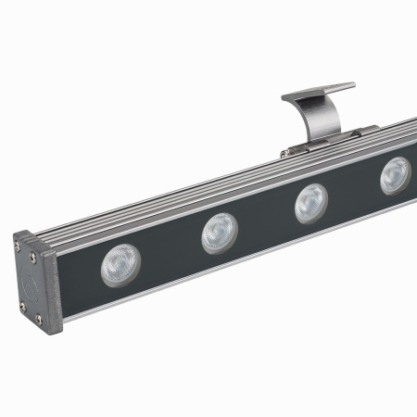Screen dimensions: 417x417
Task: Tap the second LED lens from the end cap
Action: (220, 233)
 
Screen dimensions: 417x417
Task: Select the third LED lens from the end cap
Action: (311, 203)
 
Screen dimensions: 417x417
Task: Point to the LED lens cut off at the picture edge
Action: (397, 175)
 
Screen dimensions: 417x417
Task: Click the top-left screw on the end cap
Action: (19, 247)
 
